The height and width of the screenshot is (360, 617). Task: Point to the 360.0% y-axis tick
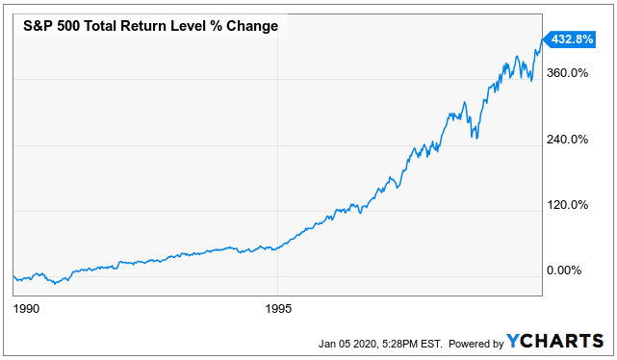coord(567,73)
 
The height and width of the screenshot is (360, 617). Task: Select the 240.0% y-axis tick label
coord(567,139)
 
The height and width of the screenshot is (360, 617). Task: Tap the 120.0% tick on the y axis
coord(567,204)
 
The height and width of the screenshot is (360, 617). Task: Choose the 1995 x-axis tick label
coord(278,310)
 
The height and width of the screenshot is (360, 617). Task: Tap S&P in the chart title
coord(39,26)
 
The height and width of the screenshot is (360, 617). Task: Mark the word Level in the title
coord(197,26)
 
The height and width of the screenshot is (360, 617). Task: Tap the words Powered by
coord(476,344)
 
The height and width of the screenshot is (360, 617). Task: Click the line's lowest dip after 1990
coord(57,284)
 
